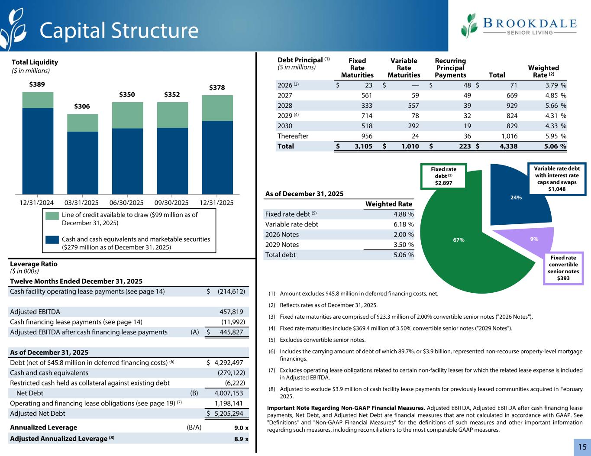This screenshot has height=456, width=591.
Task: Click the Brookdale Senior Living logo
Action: (519, 26)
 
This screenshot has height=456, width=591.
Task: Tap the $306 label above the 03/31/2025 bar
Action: (82, 107)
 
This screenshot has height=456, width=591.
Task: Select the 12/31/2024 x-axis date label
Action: (37, 203)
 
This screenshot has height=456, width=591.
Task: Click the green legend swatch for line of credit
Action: (52, 216)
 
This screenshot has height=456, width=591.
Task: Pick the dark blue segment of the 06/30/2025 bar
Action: (127, 161)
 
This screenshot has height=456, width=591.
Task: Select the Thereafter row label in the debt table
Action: (293, 136)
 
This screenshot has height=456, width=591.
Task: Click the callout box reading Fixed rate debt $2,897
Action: (443, 176)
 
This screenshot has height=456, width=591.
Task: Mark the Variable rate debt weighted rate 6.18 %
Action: (401, 224)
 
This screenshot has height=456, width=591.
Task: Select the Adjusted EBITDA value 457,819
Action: (231, 312)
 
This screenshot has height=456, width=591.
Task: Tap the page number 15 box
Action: (582, 447)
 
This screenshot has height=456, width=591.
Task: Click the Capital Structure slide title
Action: (119, 30)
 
